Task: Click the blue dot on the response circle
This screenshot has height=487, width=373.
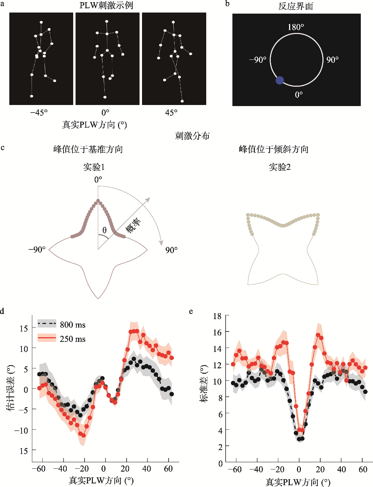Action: [279, 80]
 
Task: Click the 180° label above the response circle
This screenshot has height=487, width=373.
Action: [296, 27]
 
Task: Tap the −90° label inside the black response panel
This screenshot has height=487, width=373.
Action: [258, 60]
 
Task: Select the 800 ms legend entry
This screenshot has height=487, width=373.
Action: [61, 325]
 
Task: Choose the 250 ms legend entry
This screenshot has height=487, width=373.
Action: [61, 339]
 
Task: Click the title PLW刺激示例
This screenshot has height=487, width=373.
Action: [106, 5]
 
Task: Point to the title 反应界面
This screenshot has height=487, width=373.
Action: [296, 6]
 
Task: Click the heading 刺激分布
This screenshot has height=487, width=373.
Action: [192, 136]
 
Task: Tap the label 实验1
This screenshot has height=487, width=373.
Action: [94, 167]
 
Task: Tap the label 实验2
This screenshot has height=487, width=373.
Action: [279, 167]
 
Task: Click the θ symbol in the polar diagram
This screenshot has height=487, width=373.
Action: [104, 230]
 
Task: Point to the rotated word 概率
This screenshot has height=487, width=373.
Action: [133, 225]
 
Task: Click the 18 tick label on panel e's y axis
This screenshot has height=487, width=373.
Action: [217, 316]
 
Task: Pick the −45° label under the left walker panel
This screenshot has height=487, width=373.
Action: [39, 113]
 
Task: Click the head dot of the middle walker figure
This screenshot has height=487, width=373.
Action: [107, 22]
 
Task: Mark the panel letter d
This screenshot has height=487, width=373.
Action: [2, 311]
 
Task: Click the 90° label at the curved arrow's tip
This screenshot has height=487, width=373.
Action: [171, 250]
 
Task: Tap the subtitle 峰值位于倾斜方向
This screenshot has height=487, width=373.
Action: [274, 149]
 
